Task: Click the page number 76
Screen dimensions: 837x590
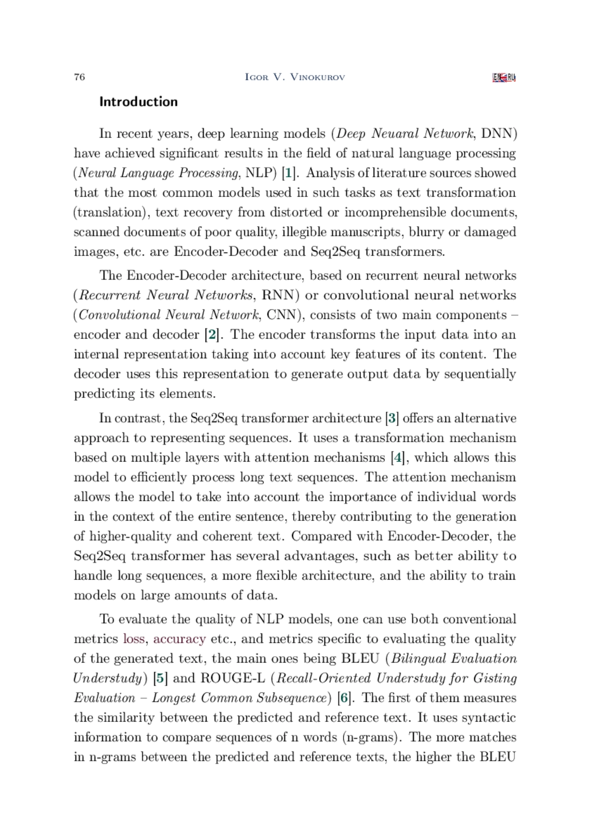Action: click(x=79, y=77)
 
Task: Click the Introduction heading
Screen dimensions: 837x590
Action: click(x=138, y=102)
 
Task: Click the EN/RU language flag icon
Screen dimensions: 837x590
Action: click(x=503, y=78)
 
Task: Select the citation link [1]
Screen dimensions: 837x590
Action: click(x=290, y=173)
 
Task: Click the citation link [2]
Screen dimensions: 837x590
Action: click(x=212, y=335)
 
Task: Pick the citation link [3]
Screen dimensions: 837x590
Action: click(x=392, y=418)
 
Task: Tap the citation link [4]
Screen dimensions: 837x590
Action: click(x=398, y=458)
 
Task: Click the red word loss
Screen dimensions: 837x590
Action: click(x=133, y=639)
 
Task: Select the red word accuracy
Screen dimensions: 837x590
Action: click(x=179, y=639)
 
